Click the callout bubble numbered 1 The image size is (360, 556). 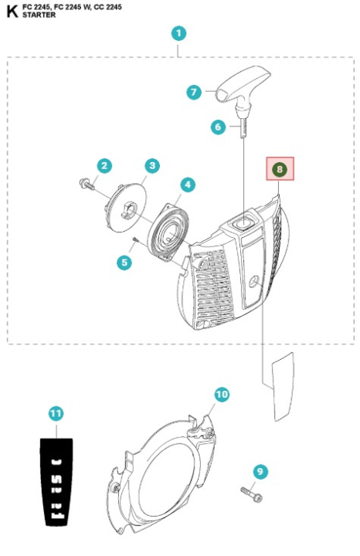[x=178, y=33]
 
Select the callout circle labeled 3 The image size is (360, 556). [x=152, y=165]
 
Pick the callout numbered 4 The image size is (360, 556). [x=187, y=185]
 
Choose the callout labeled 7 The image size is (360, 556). [x=194, y=92]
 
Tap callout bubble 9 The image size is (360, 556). [x=260, y=470]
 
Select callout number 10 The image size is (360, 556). [x=222, y=394]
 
